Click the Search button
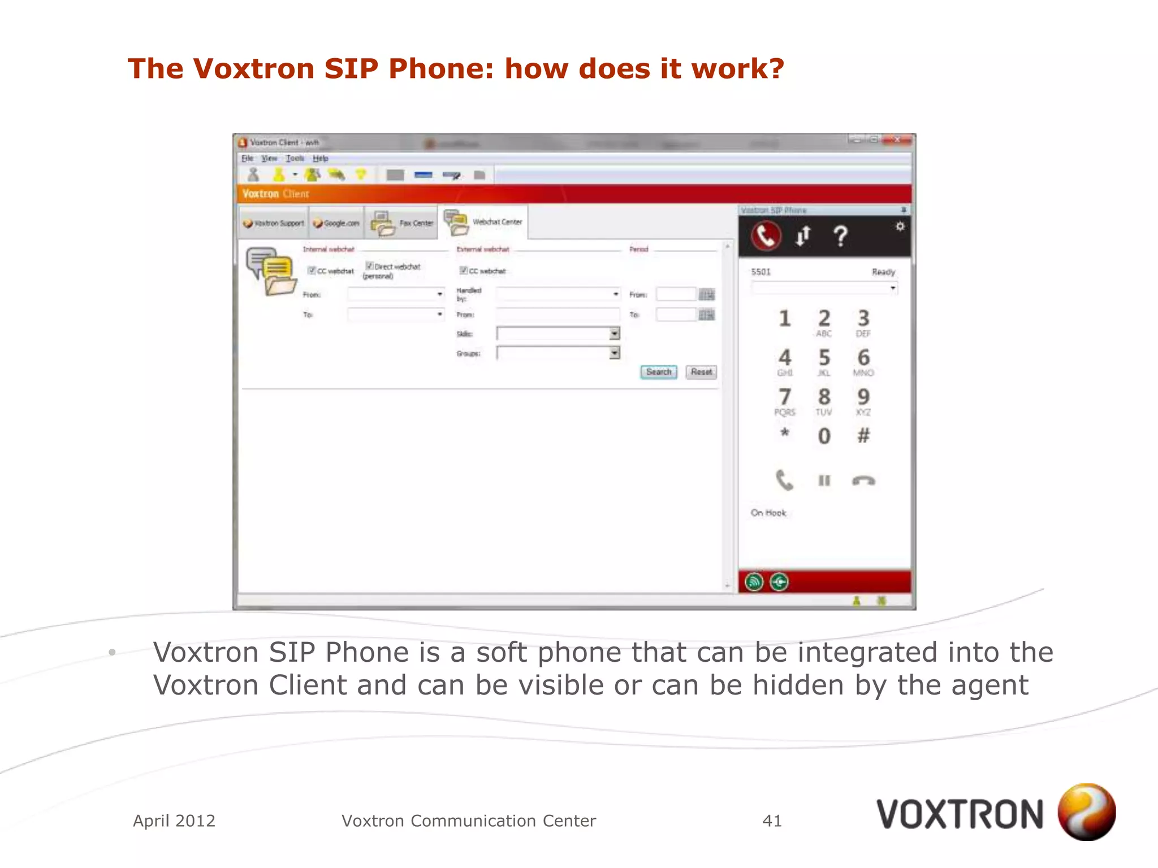point(659,372)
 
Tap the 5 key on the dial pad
point(824,358)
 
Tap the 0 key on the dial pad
point(824,436)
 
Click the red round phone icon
point(766,236)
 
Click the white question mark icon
point(841,236)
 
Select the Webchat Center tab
point(486,222)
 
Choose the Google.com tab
point(336,223)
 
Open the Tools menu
point(295,158)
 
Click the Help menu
point(320,158)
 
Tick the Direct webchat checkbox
point(369,266)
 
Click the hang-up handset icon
point(863,481)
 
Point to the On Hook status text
point(768,513)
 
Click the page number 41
point(772,821)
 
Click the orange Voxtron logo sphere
point(1086,811)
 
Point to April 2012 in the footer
point(174,821)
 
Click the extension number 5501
point(761,272)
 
